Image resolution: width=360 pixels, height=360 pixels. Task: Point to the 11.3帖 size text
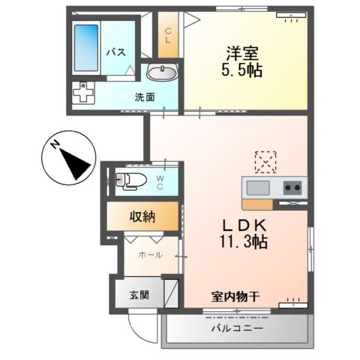tap(239, 244)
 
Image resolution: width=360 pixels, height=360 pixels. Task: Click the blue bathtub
tap(86, 49)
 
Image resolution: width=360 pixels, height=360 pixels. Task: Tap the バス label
tap(115, 52)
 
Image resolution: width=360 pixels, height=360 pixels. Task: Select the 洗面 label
tap(145, 97)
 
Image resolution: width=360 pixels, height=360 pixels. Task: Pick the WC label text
tap(160, 182)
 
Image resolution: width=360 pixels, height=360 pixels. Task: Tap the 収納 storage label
tap(139, 217)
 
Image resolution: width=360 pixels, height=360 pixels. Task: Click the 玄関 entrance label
tap(139, 295)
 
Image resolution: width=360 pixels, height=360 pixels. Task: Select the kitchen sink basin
tap(259, 187)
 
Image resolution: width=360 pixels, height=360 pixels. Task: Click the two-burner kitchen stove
tap(292, 187)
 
